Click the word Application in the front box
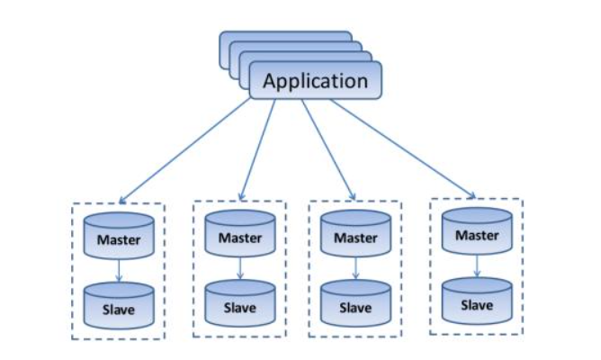315,81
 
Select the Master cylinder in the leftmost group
119,236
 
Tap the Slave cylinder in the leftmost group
119,306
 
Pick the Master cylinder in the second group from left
240,234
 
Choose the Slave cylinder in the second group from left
240,303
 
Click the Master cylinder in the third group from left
355,234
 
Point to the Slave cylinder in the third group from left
355,303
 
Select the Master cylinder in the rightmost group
477,231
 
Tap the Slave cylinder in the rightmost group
477,301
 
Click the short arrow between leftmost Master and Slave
119,271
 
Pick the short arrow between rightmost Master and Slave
477,266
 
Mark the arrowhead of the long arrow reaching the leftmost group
121,201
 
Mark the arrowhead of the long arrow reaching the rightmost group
472,195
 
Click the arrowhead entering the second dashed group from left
241,197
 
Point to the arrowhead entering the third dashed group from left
353,196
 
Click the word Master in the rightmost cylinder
477,236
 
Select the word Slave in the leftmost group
119,310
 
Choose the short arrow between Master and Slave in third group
355,269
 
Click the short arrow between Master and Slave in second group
240,269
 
